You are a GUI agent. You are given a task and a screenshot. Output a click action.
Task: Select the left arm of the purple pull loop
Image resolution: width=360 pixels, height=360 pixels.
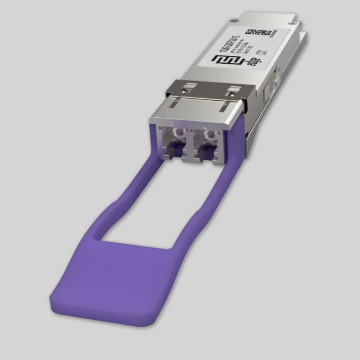(x=131, y=197)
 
